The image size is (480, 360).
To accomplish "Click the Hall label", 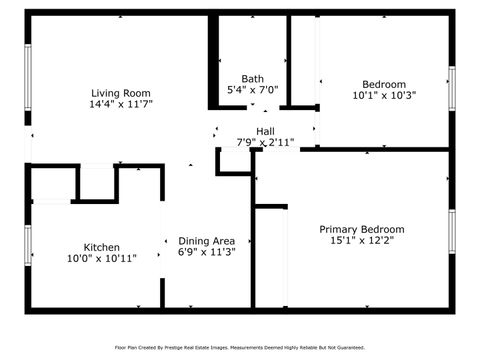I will pyautogui.click(x=265, y=131).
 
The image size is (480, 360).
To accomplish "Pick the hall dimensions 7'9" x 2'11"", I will pyautogui.click(x=264, y=142).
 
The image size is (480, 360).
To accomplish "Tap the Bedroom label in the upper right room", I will pyautogui.click(x=384, y=84).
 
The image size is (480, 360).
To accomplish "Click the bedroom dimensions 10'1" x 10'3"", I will pyautogui.click(x=384, y=96).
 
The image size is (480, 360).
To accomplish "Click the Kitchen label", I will pyautogui.click(x=102, y=247).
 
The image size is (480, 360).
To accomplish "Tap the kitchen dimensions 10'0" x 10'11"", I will pyautogui.click(x=101, y=259).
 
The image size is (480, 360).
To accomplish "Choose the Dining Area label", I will pyautogui.click(x=207, y=240).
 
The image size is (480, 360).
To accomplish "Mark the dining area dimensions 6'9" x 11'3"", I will pyautogui.click(x=207, y=252).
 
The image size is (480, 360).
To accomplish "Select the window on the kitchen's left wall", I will pyautogui.click(x=27, y=245).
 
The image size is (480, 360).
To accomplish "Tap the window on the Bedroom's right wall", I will pyautogui.click(x=452, y=93).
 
